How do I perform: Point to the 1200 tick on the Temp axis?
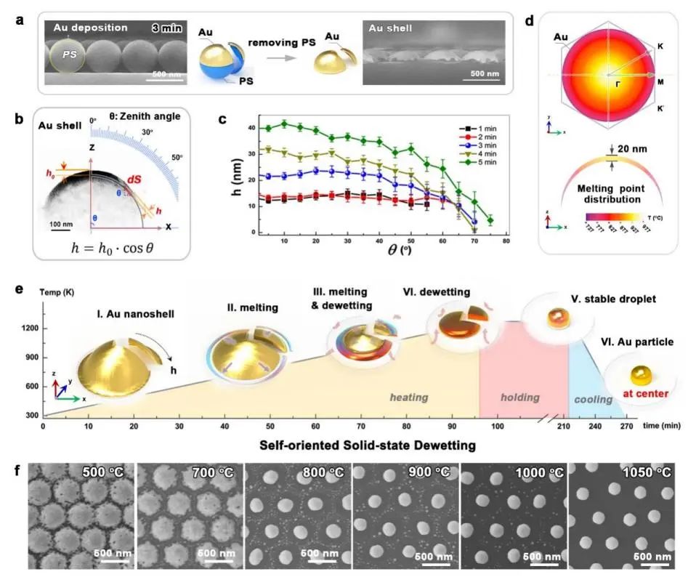click(x=30, y=328)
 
